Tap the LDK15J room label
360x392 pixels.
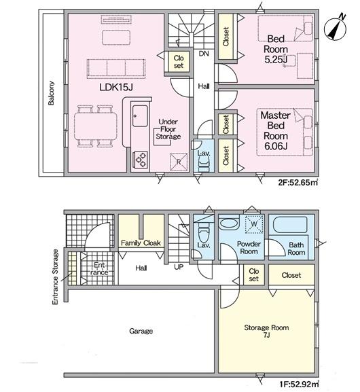116,87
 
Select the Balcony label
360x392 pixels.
51,93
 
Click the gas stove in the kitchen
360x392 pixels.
141,159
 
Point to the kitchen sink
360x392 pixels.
140,115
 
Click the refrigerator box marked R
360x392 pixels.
179,162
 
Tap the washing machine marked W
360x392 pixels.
254,224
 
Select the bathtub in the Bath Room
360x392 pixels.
290,225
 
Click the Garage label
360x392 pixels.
141,331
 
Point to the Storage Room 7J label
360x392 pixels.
266,331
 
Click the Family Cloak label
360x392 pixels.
141,243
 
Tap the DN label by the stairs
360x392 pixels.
204,54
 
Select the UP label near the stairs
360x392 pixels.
179,267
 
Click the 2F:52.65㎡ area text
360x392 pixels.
298,183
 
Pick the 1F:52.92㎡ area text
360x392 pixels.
299,384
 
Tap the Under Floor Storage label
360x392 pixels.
168,129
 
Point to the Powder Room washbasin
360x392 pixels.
229,224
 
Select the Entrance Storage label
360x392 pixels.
55,277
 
